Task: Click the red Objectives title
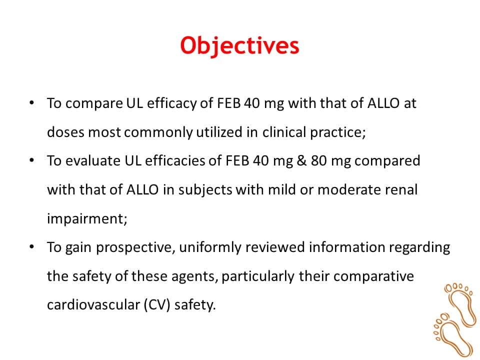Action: coord(239,46)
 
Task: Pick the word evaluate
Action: coord(93,160)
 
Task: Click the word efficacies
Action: coord(175,160)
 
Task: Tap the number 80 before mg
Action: coord(319,160)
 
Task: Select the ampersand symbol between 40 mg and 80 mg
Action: coord(301,160)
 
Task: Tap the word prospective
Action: coord(134,247)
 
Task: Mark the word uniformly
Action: coord(210,247)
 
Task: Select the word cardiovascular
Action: coord(93,305)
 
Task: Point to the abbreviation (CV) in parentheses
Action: coord(157,305)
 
